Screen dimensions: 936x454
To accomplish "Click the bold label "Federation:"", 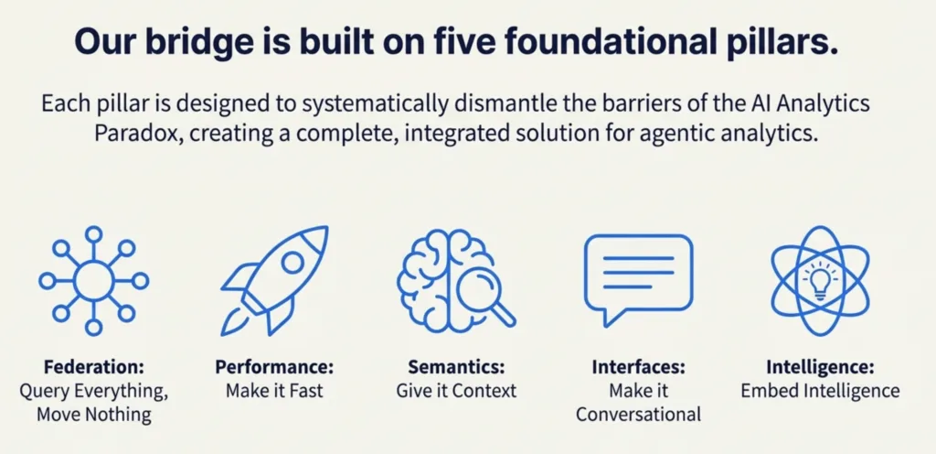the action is point(94,366).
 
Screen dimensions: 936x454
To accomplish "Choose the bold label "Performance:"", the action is point(274,367).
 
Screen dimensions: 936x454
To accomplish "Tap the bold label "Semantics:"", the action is point(456,366).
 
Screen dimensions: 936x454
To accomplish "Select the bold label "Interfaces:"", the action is point(638,367).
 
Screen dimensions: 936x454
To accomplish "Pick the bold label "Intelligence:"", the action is point(820,367).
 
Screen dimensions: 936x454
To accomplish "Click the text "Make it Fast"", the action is point(274,391).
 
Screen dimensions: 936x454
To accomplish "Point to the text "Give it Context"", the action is point(456,391).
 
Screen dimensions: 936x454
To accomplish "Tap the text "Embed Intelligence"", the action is point(820,391).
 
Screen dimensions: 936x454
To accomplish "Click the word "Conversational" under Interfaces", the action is point(638,414).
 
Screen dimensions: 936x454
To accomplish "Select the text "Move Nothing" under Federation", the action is point(94,414).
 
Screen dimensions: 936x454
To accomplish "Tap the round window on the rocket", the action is point(292,262).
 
